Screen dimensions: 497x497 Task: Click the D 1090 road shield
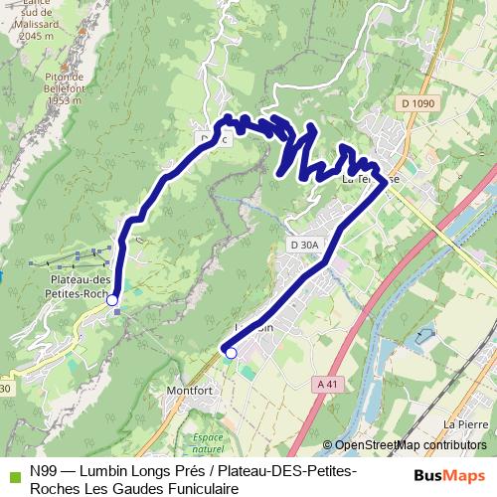(420, 103)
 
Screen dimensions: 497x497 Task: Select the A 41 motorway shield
(326, 384)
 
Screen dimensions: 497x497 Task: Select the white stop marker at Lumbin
(231, 352)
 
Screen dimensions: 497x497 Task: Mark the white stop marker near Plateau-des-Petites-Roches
(112, 299)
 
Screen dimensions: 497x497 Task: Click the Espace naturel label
(208, 443)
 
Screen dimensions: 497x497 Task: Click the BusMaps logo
(450, 476)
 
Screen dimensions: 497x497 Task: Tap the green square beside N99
(13, 473)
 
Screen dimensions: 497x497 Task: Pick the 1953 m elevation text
(63, 100)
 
